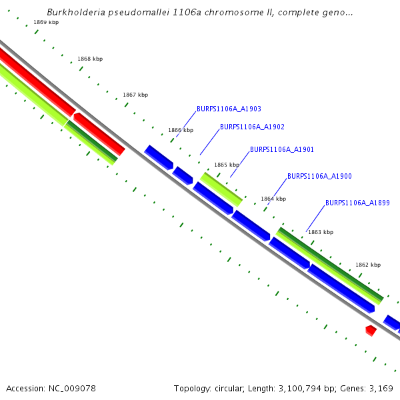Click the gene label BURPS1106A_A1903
click(x=229, y=109)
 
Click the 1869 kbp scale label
click(x=46, y=23)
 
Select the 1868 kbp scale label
click(x=90, y=59)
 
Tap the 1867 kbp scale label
click(x=135, y=95)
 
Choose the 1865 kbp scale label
click(x=226, y=165)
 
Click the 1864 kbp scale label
click(x=273, y=199)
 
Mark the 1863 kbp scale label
click(x=321, y=232)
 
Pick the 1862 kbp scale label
click(x=368, y=265)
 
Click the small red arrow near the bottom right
click(x=371, y=330)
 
